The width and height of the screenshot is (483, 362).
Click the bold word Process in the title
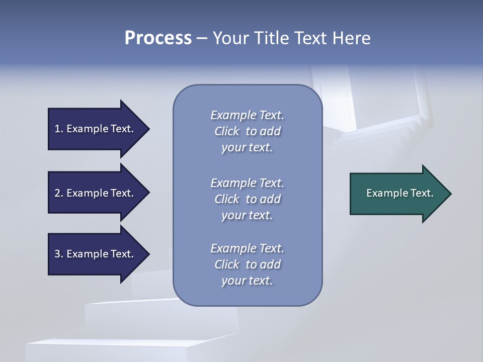click(158, 38)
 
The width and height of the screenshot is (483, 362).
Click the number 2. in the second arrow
click(58, 193)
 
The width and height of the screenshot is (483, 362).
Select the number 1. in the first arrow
click(58, 129)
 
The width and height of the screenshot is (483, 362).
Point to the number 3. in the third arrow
click(58, 254)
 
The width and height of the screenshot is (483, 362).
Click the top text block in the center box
click(247, 131)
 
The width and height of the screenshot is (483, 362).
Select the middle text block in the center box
click(247, 199)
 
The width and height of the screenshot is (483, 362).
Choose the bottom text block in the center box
click(247, 264)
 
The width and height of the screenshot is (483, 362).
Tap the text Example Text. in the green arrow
click(399, 193)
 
